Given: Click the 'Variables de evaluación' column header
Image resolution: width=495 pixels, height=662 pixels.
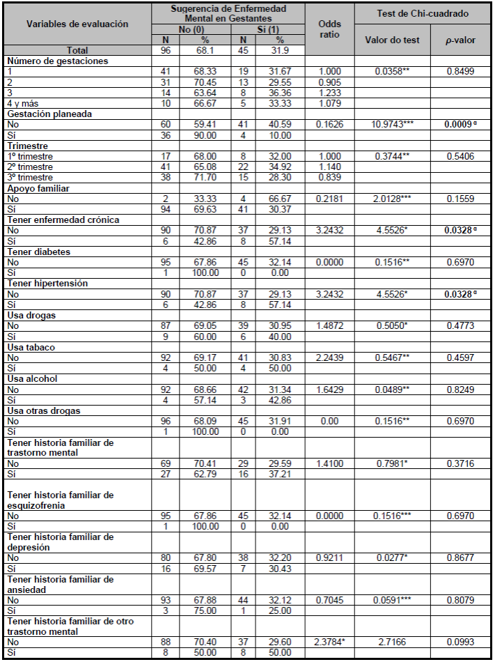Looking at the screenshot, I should (77, 24).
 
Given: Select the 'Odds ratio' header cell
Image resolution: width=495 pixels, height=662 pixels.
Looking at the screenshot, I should (329, 29).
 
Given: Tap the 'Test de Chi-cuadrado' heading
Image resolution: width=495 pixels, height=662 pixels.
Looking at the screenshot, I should (423, 13).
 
